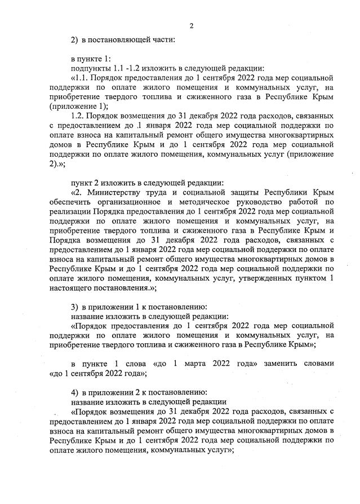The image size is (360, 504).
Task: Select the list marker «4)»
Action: point(74,392)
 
